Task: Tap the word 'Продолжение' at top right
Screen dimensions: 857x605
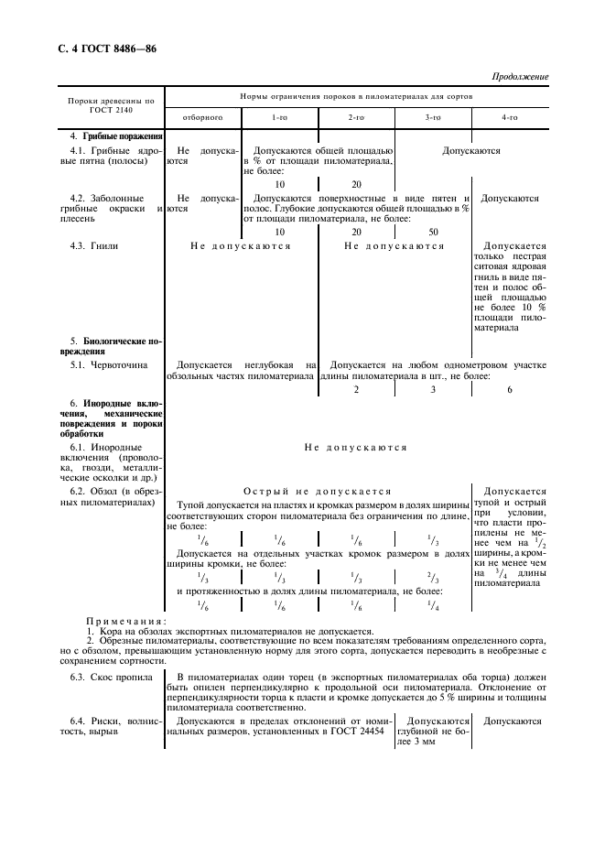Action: click(x=520, y=77)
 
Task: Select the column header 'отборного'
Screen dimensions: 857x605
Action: click(x=202, y=118)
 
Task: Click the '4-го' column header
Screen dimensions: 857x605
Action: click(x=509, y=118)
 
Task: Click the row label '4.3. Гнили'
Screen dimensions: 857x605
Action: click(x=96, y=246)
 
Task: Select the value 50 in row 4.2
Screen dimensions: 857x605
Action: click(x=433, y=232)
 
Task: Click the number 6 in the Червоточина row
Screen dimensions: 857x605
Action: click(x=509, y=390)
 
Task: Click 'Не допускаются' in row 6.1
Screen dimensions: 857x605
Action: click(x=355, y=448)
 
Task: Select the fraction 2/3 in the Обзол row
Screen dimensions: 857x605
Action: click(x=433, y=579)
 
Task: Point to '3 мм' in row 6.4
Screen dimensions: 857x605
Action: click(x=434, y=741)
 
